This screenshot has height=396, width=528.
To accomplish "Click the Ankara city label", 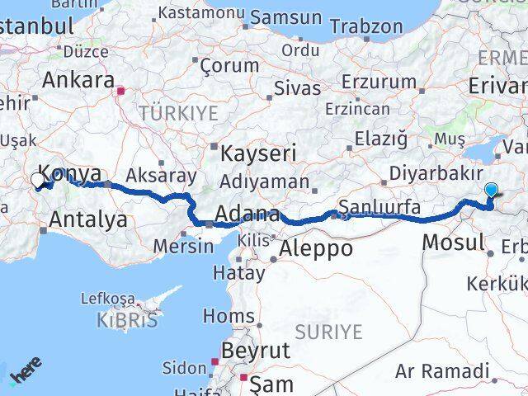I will point(78,81).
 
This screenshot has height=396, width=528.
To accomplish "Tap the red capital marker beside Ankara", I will point(120,92).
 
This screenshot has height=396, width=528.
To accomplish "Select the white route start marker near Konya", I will point(38,179).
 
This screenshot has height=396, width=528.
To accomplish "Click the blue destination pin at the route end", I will point(491,191).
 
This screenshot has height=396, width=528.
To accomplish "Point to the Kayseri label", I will point(258,153).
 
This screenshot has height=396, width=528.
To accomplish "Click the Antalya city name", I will point(88,219).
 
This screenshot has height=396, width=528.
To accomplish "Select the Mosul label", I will point(453,242).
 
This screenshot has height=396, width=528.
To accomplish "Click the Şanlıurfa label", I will point(381,206).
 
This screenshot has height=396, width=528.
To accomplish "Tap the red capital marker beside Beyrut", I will point(215,361).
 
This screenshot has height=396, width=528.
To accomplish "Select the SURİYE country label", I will point(332,332).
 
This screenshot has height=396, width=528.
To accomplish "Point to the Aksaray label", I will point(162,176).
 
